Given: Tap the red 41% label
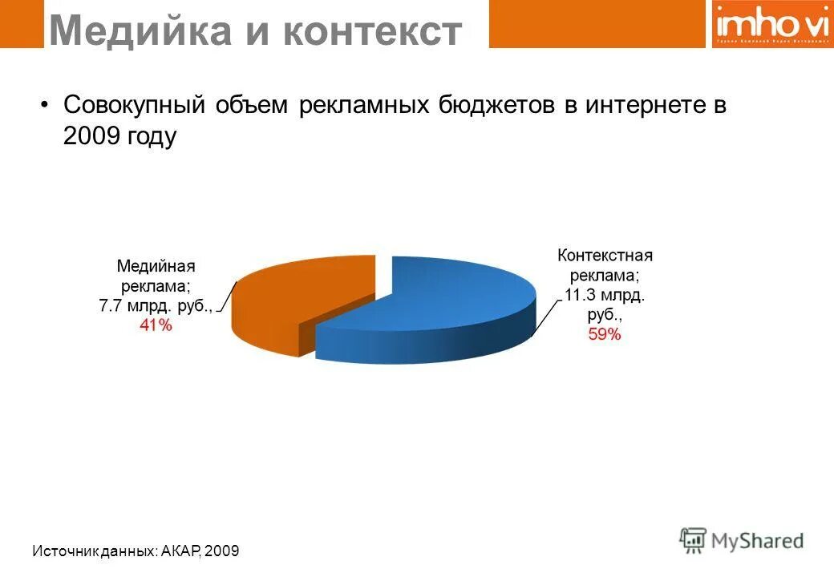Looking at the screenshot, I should pyautogui.click(x=156, y=325).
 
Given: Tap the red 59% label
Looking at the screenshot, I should pyautogui.click(x=605, y=335).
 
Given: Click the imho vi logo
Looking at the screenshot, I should pyautogui.click(x=769, y=24).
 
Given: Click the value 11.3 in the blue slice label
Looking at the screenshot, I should pyautogui.click(x=578, y=295).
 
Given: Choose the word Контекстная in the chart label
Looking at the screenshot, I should pyautogui.click(x=605, y=256).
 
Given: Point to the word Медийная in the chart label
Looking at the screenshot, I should pyautogui.click(x=156, y=265).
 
